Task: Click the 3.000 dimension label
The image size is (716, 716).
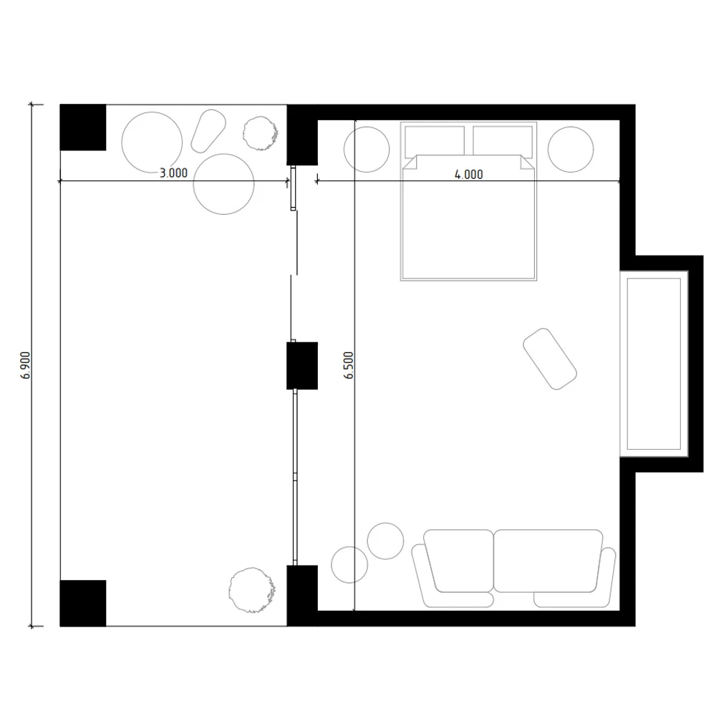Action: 173,173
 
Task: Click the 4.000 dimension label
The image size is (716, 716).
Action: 468,174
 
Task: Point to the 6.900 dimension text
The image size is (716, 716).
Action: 26,365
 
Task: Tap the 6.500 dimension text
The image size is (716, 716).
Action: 349,365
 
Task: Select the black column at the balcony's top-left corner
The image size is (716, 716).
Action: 82,127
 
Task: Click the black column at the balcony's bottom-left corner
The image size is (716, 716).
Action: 82,603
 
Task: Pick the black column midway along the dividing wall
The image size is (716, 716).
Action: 301,365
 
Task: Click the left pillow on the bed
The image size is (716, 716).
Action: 435,140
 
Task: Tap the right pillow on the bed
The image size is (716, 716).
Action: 503,140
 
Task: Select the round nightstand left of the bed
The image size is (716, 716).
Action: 367,150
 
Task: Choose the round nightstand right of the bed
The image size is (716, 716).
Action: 571,150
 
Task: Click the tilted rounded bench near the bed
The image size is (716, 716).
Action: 550,359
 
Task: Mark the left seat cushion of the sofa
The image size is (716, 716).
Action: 458,561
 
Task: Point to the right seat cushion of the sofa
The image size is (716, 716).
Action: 548,561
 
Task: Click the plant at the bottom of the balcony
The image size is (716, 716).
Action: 252,589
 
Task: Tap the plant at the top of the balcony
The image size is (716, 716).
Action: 260,132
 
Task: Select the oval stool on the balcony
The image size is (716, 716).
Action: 209,130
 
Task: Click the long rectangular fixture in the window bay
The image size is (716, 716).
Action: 654,363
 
